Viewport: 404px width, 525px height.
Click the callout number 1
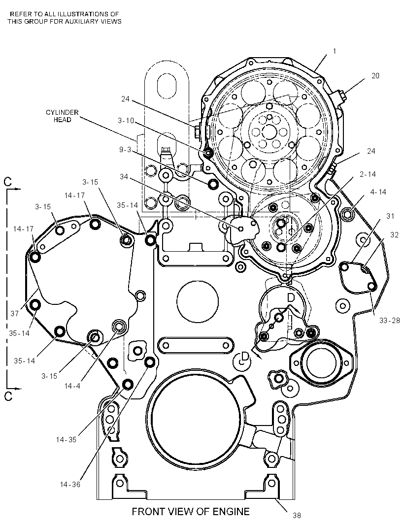coord(335,51)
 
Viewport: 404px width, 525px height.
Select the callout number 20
coord(375,76)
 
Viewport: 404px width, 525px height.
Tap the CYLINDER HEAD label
coord(62,116)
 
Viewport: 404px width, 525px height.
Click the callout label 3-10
coord(126,121)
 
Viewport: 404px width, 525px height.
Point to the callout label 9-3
coord(125,150)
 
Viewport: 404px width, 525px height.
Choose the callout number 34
coord(124,176)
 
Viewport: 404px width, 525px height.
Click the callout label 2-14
coord(368,174)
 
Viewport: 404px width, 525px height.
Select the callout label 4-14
coord(378,192)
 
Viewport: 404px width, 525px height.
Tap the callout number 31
coord(390,216)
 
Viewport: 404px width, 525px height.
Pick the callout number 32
coord(394,235)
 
